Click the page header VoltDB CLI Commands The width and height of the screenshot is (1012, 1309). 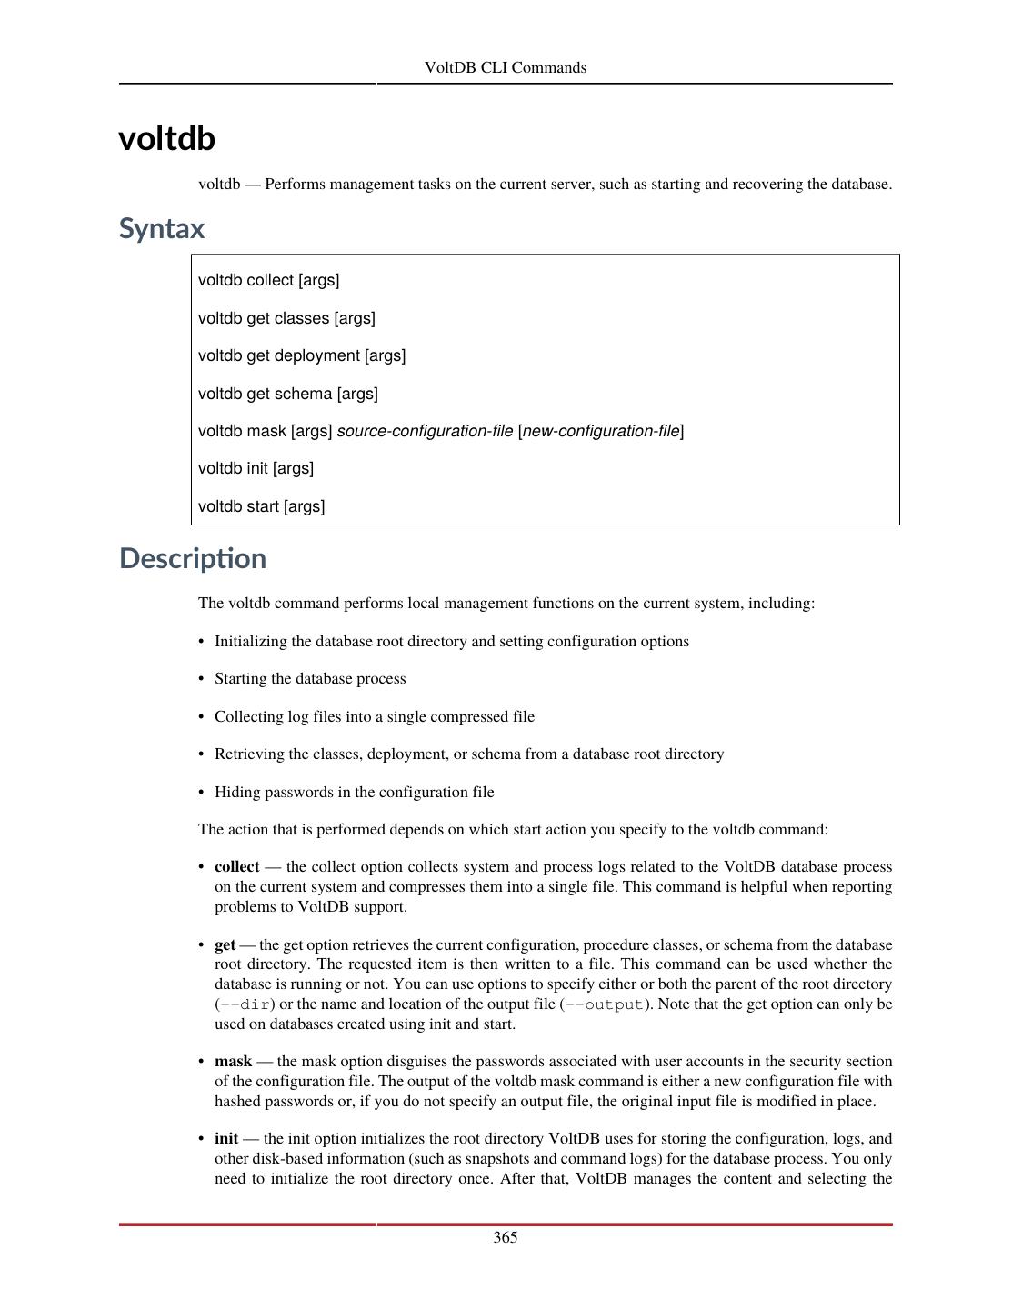point(505,67)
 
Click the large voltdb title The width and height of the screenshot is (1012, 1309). point(166,138)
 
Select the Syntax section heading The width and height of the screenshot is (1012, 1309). point(162,228)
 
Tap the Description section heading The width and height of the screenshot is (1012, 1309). point(193,558)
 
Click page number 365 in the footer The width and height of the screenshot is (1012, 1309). point(506,1237)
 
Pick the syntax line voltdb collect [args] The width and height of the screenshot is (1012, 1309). point(268,280)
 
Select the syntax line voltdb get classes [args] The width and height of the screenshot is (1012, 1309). point(286,318)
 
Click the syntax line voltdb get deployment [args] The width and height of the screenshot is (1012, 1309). point(302,355)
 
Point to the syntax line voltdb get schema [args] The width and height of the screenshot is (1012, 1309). point(287,394)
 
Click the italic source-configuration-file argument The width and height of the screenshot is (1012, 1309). point(425,431)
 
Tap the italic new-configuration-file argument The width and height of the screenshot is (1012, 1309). point(601,431)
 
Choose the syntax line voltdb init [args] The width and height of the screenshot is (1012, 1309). point(256,468)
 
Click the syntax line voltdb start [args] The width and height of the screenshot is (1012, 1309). point(261,506)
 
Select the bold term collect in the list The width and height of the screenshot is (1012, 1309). point(236,867)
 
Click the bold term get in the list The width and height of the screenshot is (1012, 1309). point(225,944)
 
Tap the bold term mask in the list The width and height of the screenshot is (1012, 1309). point(233,1062)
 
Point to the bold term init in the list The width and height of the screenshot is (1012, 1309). point(226,1139)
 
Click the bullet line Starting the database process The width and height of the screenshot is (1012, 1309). point(310,679)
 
